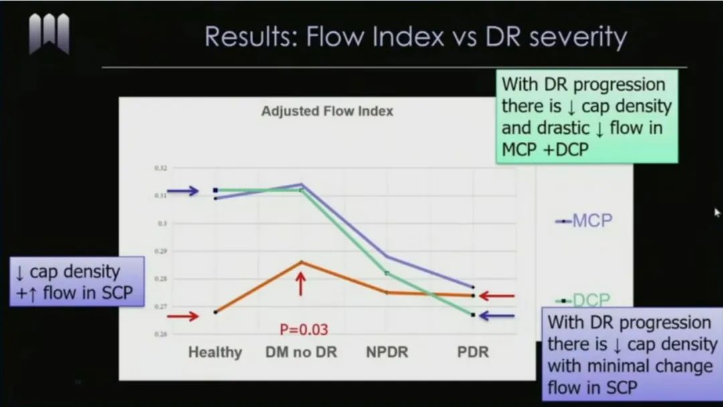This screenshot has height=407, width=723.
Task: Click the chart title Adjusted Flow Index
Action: click(327, 111)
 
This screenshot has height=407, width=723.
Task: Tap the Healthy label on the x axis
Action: click(215, 352)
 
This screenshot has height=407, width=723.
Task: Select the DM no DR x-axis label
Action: click(301, 352)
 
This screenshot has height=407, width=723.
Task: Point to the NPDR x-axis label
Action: click(386, 352)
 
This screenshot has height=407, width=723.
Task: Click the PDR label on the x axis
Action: click(473, 352)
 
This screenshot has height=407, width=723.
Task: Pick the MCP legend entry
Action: click(584, 220)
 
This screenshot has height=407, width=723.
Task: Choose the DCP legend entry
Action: click(584, 301)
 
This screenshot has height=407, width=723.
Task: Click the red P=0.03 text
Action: click(304, 329)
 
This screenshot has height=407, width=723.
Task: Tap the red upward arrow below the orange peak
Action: click(301, 284)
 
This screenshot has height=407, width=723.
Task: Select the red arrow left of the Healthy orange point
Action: click(183, 316)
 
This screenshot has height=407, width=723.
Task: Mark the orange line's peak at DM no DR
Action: click(301, 261)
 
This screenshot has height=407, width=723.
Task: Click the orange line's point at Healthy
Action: click(216, 312)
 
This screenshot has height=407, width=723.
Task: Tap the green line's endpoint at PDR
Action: click(473, 315)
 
